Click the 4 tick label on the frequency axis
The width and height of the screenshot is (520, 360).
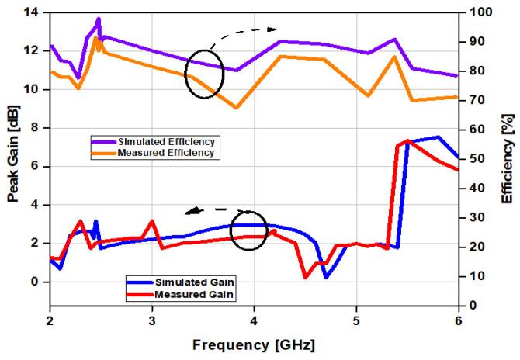(x=254, y=319)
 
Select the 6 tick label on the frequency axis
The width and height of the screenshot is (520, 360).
(x=458, y=319)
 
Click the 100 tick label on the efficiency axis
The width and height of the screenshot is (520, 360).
(x=474, y=12)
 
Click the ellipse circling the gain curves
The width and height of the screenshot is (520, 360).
(x=249, y=230)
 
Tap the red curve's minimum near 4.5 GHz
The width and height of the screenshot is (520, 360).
(x=305, y=277)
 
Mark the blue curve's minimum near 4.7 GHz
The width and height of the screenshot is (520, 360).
(x=326, y=277)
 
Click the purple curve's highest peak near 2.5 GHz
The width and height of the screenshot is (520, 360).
(x=98, y=19)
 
